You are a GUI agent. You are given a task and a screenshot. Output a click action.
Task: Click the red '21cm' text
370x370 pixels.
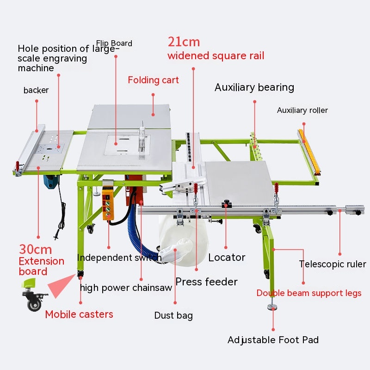[x=184, y=42]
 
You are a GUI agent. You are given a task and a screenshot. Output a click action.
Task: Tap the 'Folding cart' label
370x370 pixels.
[x=153, y=80]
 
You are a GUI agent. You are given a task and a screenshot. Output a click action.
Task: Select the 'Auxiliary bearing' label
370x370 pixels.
[x=254, y=87]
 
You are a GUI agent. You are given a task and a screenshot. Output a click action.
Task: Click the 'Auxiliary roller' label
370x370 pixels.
[x=302, y=110]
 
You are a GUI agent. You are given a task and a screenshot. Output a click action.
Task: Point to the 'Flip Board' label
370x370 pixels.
[x=114, y=43]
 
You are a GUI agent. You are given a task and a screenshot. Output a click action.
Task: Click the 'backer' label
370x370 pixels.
[x=36, y=90]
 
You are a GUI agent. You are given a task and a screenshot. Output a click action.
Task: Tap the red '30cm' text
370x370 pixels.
[x=35, y=250]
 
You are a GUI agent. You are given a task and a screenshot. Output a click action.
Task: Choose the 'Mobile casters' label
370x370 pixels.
[x=79, y=314]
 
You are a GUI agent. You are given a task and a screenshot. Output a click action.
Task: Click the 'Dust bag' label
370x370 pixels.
[x=173, y=316]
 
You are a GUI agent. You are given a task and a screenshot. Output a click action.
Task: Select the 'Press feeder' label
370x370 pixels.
[x=206, y=282]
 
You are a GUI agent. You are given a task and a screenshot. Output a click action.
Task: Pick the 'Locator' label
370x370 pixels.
[x=227, y=258]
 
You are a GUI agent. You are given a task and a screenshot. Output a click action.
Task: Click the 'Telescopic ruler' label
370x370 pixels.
[x=332, y=264]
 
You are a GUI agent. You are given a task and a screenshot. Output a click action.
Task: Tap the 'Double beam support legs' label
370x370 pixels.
[x=309, y=293]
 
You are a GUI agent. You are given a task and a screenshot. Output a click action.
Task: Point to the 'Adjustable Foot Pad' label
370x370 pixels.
[x=273, y=340]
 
